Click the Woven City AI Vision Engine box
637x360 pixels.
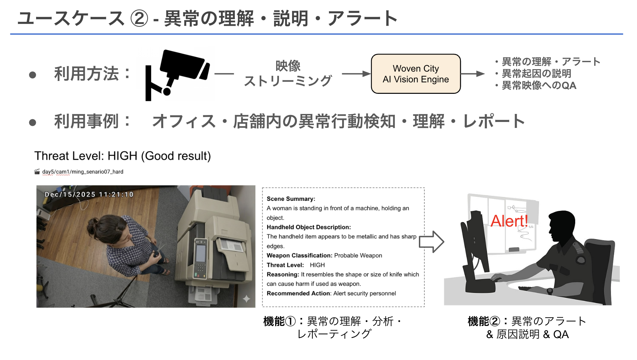point(416,74)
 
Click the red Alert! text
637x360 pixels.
point(509,221)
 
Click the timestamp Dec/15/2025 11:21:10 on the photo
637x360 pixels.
point(89,195)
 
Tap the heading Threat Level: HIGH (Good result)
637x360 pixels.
point(122,156)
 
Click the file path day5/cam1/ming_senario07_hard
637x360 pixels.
point(83,172)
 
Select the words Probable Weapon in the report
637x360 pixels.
point(358,255)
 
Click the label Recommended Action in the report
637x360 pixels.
point(298,293)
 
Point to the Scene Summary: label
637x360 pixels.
point(291,199)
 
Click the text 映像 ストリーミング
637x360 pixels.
point(288,73)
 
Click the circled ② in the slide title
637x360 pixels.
point(139,18)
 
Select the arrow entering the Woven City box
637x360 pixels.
point(356,74)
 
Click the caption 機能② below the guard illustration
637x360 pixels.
point(483,321)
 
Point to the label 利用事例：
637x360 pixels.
point(92,121)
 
